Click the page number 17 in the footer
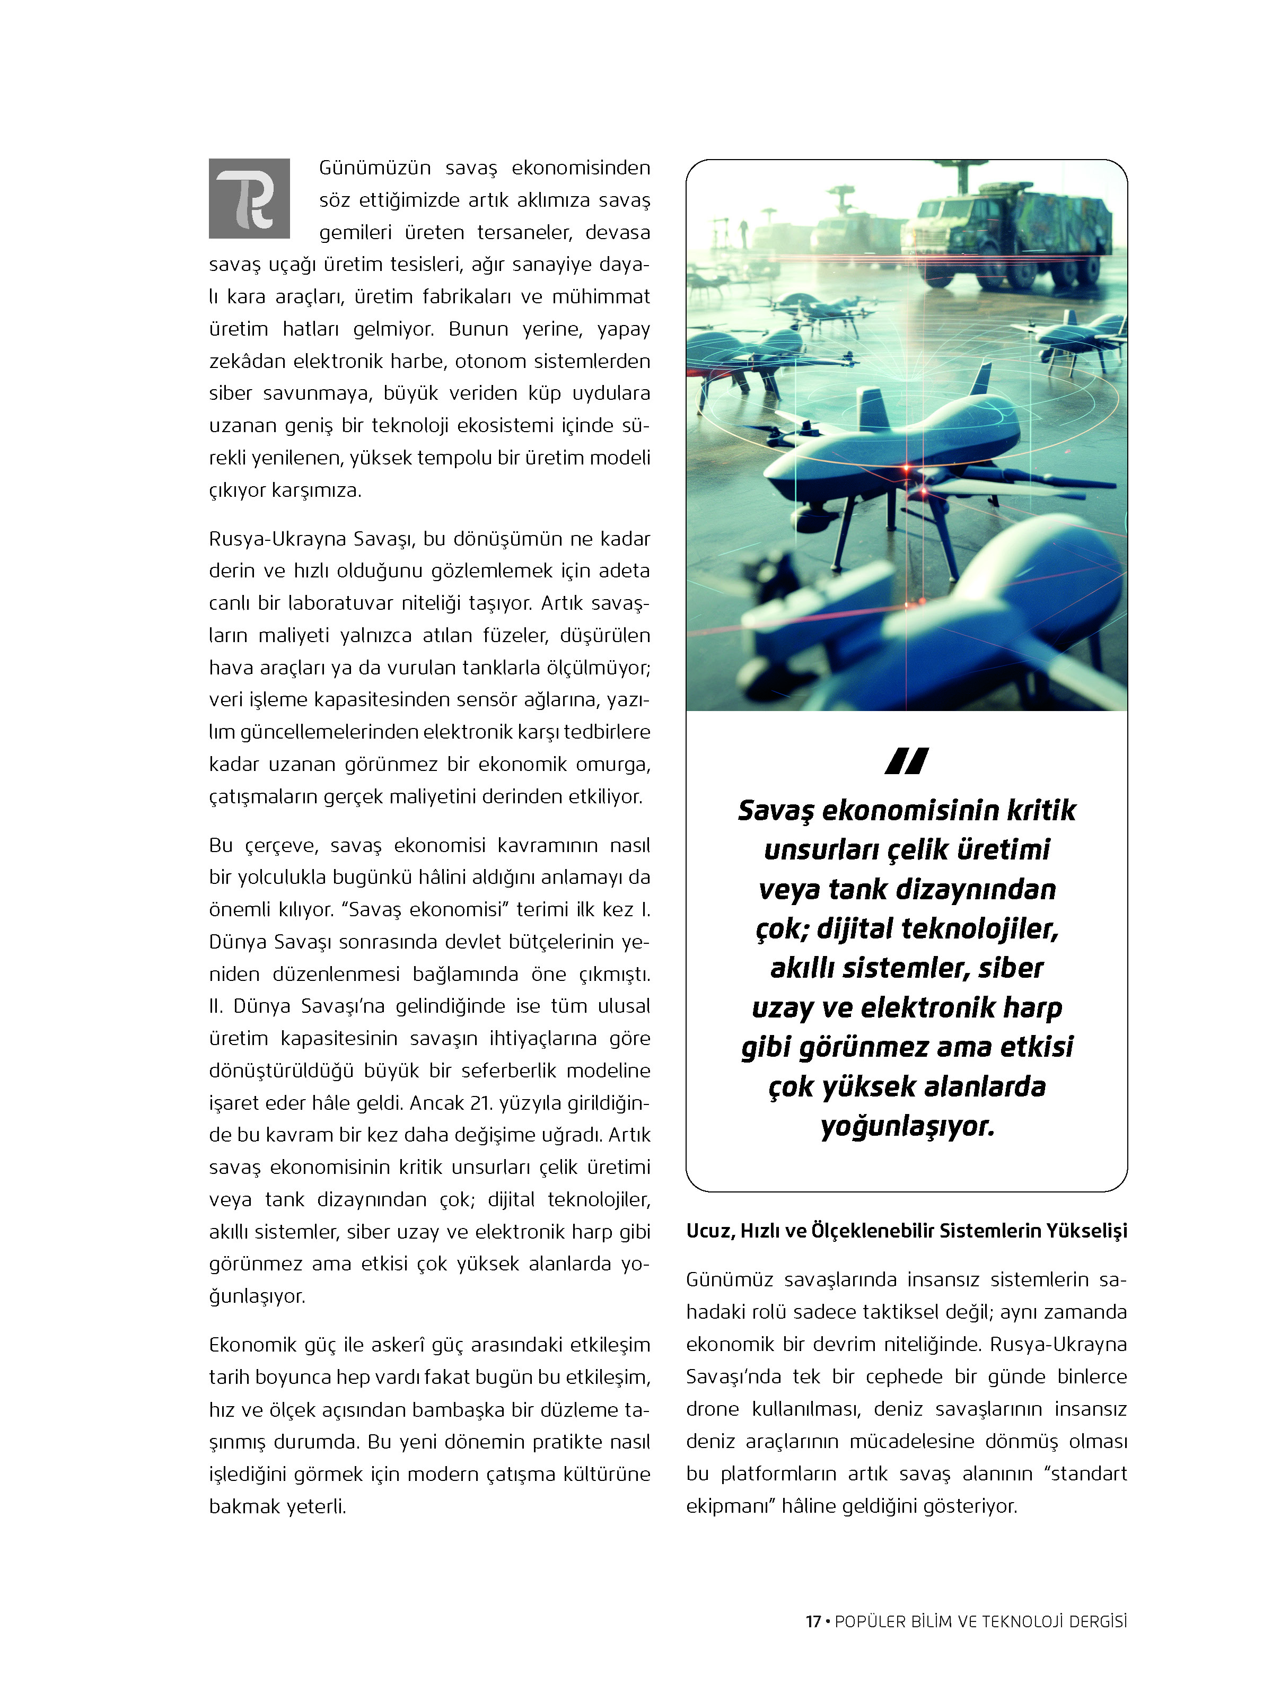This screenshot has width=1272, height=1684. coord(812,1642)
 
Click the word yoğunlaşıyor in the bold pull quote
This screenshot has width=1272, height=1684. coord(907,1125)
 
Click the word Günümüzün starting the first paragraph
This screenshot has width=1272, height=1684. coord(374,168)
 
